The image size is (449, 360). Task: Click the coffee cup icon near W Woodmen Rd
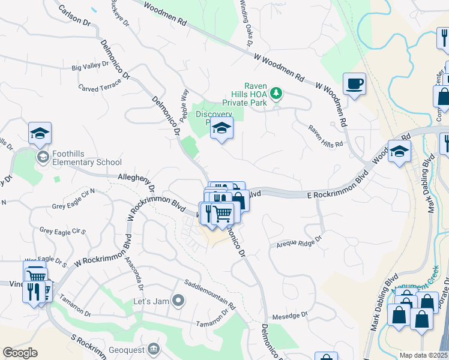[x=354, y=84]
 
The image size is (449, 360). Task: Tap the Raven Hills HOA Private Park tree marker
[x=276, y=93]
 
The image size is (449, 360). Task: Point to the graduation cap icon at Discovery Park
[x=221, y=128]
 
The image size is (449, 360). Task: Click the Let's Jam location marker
[x=178, y=299]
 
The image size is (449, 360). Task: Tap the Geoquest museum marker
[x=154, y=349]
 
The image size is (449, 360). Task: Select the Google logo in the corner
[x=20, y=353]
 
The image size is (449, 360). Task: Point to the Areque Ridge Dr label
[x=299, y=241]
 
